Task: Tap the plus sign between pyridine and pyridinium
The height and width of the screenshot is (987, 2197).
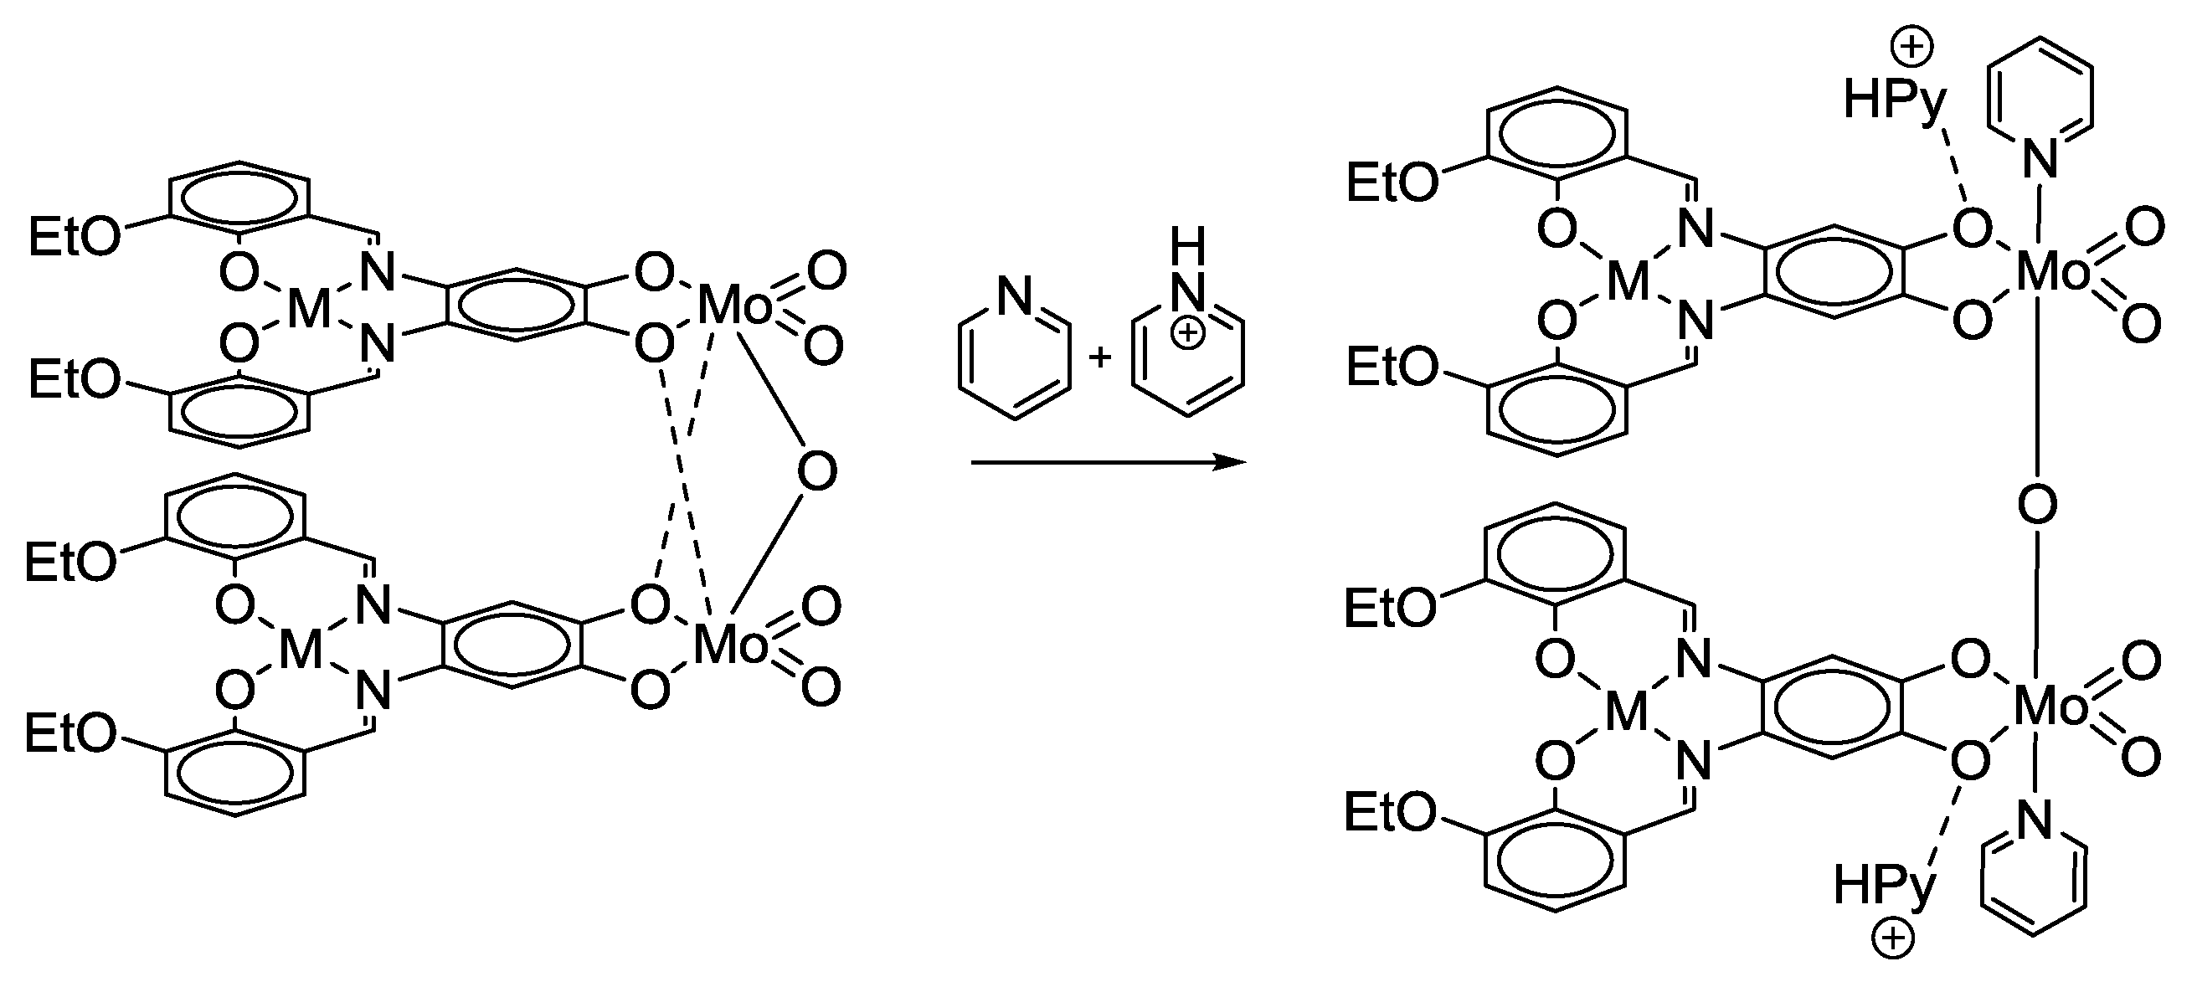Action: (1100, 357)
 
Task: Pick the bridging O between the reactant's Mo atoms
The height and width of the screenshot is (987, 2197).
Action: (817, 472)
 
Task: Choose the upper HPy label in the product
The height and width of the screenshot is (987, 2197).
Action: (1895, 100)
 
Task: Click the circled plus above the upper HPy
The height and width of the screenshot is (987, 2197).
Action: (1912, 47)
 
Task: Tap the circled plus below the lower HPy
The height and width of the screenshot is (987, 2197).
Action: (1892, 939)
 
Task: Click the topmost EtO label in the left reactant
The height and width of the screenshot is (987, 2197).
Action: (75, 236)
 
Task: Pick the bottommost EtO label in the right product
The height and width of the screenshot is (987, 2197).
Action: (1390, 811)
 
